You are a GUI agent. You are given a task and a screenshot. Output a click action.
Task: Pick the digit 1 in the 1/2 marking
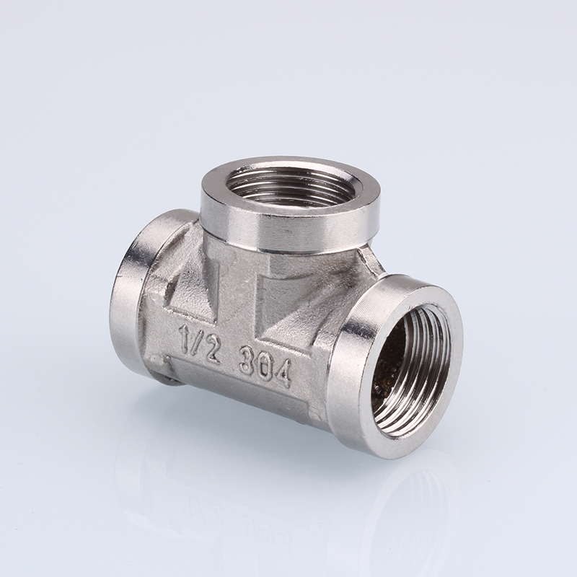point(185,335)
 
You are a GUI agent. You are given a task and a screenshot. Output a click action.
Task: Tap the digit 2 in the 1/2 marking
point(212,351)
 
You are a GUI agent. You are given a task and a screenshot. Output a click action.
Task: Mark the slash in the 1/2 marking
point(197,341)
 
